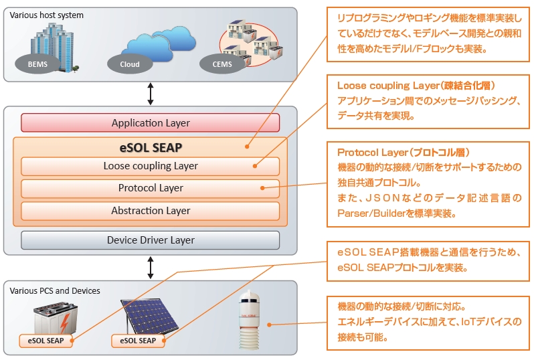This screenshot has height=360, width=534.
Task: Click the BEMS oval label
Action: point(37,64)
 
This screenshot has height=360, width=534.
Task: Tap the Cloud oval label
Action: point(130,64)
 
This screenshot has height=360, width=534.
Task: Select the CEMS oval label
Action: point(222,64)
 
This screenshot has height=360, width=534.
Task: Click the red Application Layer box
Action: point(150,122)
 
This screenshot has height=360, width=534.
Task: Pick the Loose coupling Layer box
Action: point(150,166)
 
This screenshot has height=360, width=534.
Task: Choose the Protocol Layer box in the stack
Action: point(150,188)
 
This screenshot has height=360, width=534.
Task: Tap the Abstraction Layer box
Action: point(150,211)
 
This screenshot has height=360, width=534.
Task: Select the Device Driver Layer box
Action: point(150,240)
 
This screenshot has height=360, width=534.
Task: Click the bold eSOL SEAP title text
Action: point(151,147)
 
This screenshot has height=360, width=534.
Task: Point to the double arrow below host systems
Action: point(150,94)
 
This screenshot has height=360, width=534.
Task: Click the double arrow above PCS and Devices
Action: point(150,268)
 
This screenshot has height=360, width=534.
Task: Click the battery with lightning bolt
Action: point(56,318)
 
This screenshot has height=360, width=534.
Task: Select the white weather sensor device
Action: point(250,319)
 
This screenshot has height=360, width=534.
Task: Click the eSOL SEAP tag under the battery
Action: point(46,341)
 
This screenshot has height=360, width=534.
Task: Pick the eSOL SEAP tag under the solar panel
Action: point(138,341)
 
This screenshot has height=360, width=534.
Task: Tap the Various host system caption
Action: point(46,15)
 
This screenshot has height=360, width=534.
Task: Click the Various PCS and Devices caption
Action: point(55,290)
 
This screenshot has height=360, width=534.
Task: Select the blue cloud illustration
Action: point(161,44)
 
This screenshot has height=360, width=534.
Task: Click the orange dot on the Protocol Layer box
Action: point(262,188)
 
